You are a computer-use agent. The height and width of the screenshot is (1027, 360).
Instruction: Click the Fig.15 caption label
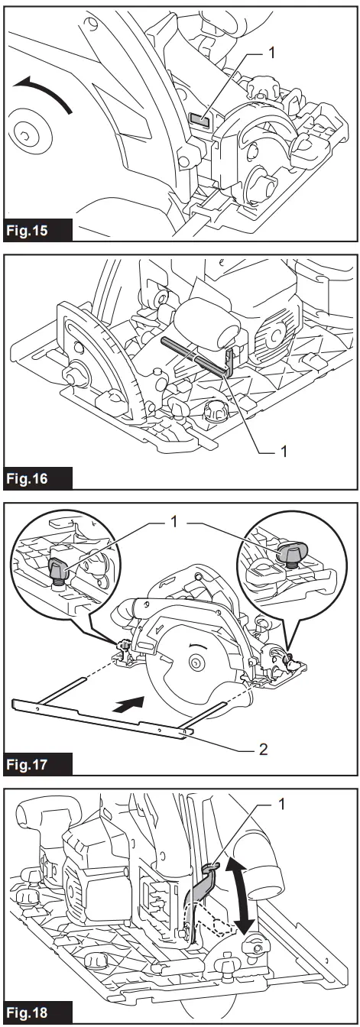(x=38, y=230)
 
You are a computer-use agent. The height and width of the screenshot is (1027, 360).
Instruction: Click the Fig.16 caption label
(x=38, y=480)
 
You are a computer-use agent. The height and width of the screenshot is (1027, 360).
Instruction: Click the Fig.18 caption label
(x=38, y=1012)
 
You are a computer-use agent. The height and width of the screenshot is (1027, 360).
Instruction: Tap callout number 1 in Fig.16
(x=284, y=452)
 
